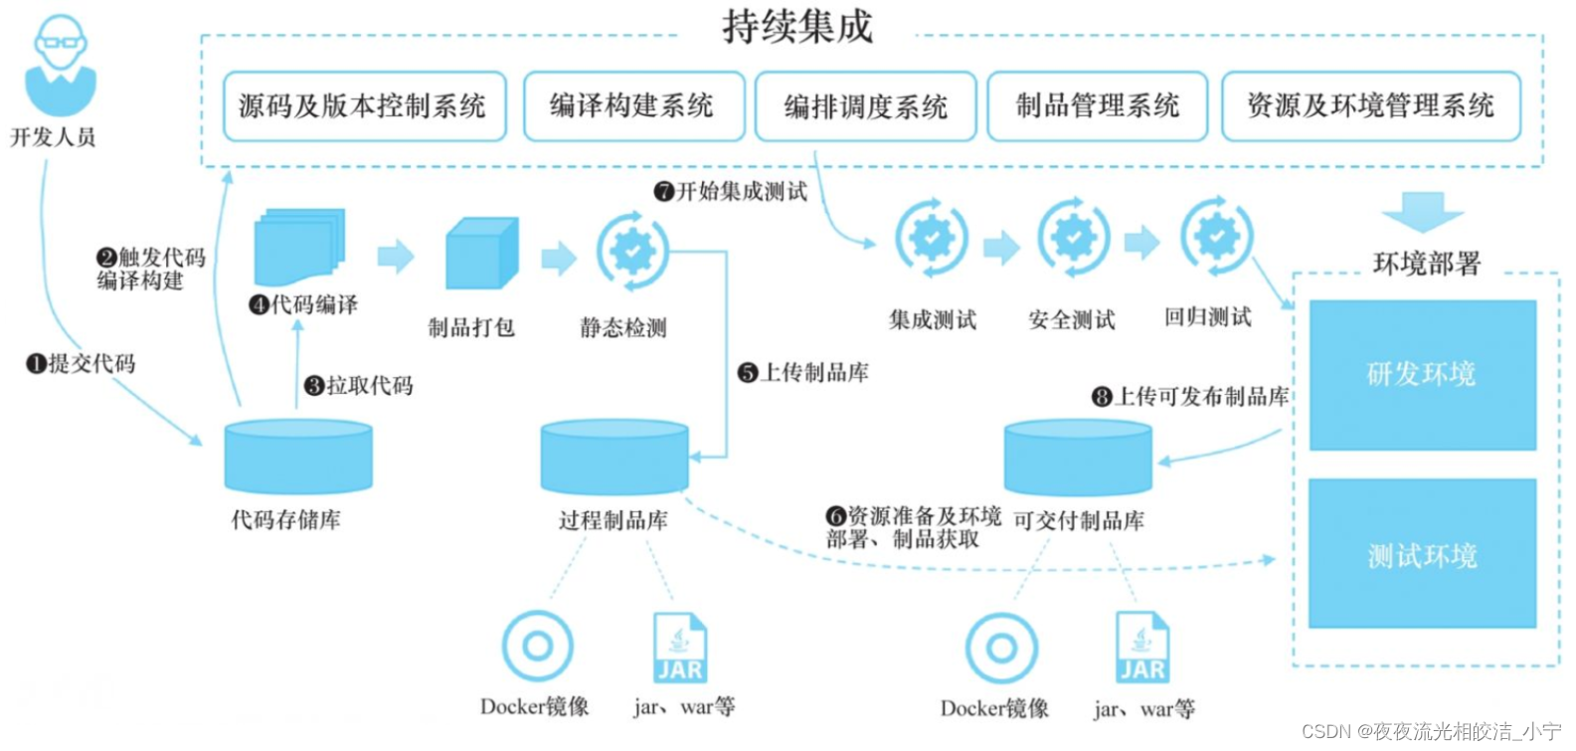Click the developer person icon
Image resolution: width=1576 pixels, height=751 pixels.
click(x=60, y=66)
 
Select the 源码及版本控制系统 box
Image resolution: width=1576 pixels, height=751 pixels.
click(x=364, y=106)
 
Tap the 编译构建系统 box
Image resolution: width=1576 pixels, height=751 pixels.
click(x=633, y=106)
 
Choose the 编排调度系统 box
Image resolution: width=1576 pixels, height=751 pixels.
click(x=865, y=106)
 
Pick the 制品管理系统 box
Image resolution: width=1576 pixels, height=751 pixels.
click(x=1097, y=106)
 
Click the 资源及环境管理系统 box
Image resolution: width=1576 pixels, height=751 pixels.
click(x=1370, y=106)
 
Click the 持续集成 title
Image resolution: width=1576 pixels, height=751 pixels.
click(x=797, y=27)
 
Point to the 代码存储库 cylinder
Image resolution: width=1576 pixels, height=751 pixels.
click(x=298, y=457)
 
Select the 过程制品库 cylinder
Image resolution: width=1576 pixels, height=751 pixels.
click(x=614, y=457)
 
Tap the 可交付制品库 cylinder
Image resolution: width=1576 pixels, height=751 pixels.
click(x=1078, y=458)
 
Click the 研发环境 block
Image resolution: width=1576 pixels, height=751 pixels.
click(x=1422, y=375)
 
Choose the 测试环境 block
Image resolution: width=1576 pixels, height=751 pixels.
click(x=1422, y=554)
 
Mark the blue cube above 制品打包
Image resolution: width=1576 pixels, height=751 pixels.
click(x=482, y=254)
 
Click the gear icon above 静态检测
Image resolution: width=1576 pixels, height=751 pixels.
click(x=632, y=250)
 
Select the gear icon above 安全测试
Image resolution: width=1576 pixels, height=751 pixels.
click(x=1074, y=238)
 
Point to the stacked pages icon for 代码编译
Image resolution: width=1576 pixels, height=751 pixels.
click(x=299, y=247)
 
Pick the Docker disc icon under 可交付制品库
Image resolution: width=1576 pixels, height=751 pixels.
click(x=1001, y=649)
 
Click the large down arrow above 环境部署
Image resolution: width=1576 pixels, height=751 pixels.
click(x=1422, y=212)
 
